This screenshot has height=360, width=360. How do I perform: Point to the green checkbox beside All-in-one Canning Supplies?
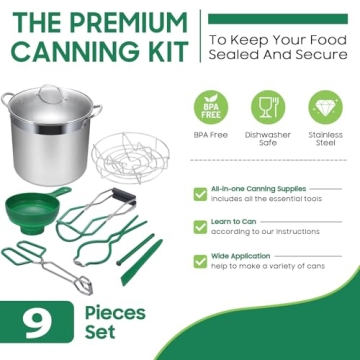point(200,192)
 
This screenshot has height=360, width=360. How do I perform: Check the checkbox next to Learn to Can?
point(200,226)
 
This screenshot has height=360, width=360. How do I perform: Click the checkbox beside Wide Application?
point(200,260)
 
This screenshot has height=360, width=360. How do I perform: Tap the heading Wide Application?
point(238,255)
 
